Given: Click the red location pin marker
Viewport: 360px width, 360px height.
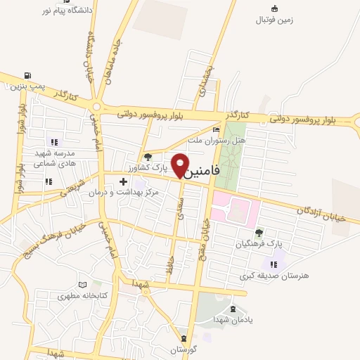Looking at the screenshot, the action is coord(181,165).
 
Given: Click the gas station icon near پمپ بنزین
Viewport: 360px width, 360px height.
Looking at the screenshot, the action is coord(27,76).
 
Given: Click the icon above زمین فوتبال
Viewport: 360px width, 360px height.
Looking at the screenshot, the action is coord(274,8).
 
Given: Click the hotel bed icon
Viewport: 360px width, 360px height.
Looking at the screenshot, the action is coord(216,129).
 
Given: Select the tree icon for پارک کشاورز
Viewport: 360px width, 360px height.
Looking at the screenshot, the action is coord(148,156).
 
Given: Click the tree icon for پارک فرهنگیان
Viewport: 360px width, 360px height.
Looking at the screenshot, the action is coord(259,232).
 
